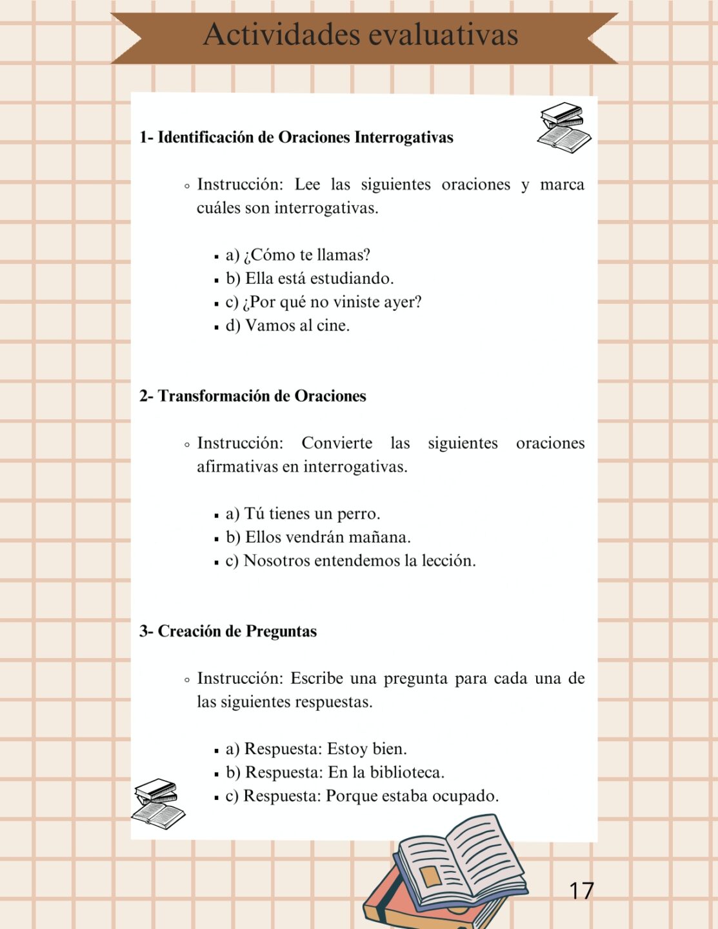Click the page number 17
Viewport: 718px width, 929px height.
(581, 891)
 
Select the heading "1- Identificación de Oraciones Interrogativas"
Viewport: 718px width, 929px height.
(296, 137)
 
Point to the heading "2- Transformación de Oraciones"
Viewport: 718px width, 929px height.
(252, 396)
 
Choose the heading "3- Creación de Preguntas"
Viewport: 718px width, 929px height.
(228, 631)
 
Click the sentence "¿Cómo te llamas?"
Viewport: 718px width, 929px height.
(306, 255)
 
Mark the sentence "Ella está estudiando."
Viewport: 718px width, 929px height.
(319, 279)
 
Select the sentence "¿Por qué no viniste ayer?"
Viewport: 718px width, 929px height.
(332, 302)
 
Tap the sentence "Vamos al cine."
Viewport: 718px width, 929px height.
(297, 326)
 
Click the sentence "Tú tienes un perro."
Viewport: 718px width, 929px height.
(312, 514)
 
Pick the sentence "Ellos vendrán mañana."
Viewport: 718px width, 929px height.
(327, 537)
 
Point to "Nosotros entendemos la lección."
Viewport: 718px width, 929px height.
(359, 561)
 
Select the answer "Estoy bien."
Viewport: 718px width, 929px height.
(366, 749)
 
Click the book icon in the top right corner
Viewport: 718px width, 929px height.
(564, 128)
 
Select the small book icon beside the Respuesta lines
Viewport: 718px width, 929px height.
(158, 803)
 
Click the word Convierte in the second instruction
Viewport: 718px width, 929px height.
(337, 443)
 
